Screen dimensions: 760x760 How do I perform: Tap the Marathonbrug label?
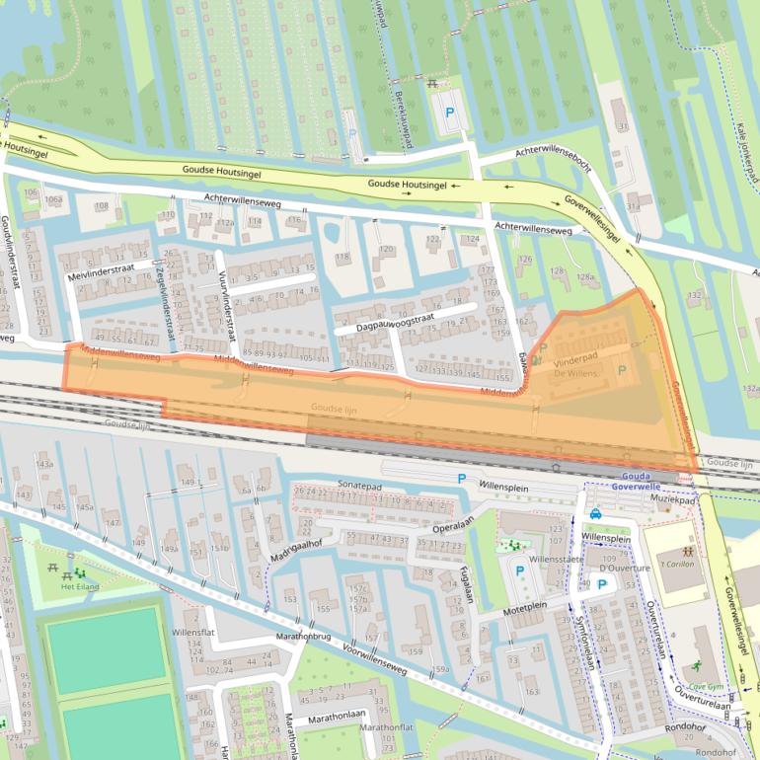tap(302, 637)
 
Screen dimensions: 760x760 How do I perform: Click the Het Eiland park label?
tap(81, 587)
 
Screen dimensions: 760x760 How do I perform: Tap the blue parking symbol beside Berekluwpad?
tap(449, 114)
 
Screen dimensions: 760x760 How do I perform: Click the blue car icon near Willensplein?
tap(595, 513)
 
